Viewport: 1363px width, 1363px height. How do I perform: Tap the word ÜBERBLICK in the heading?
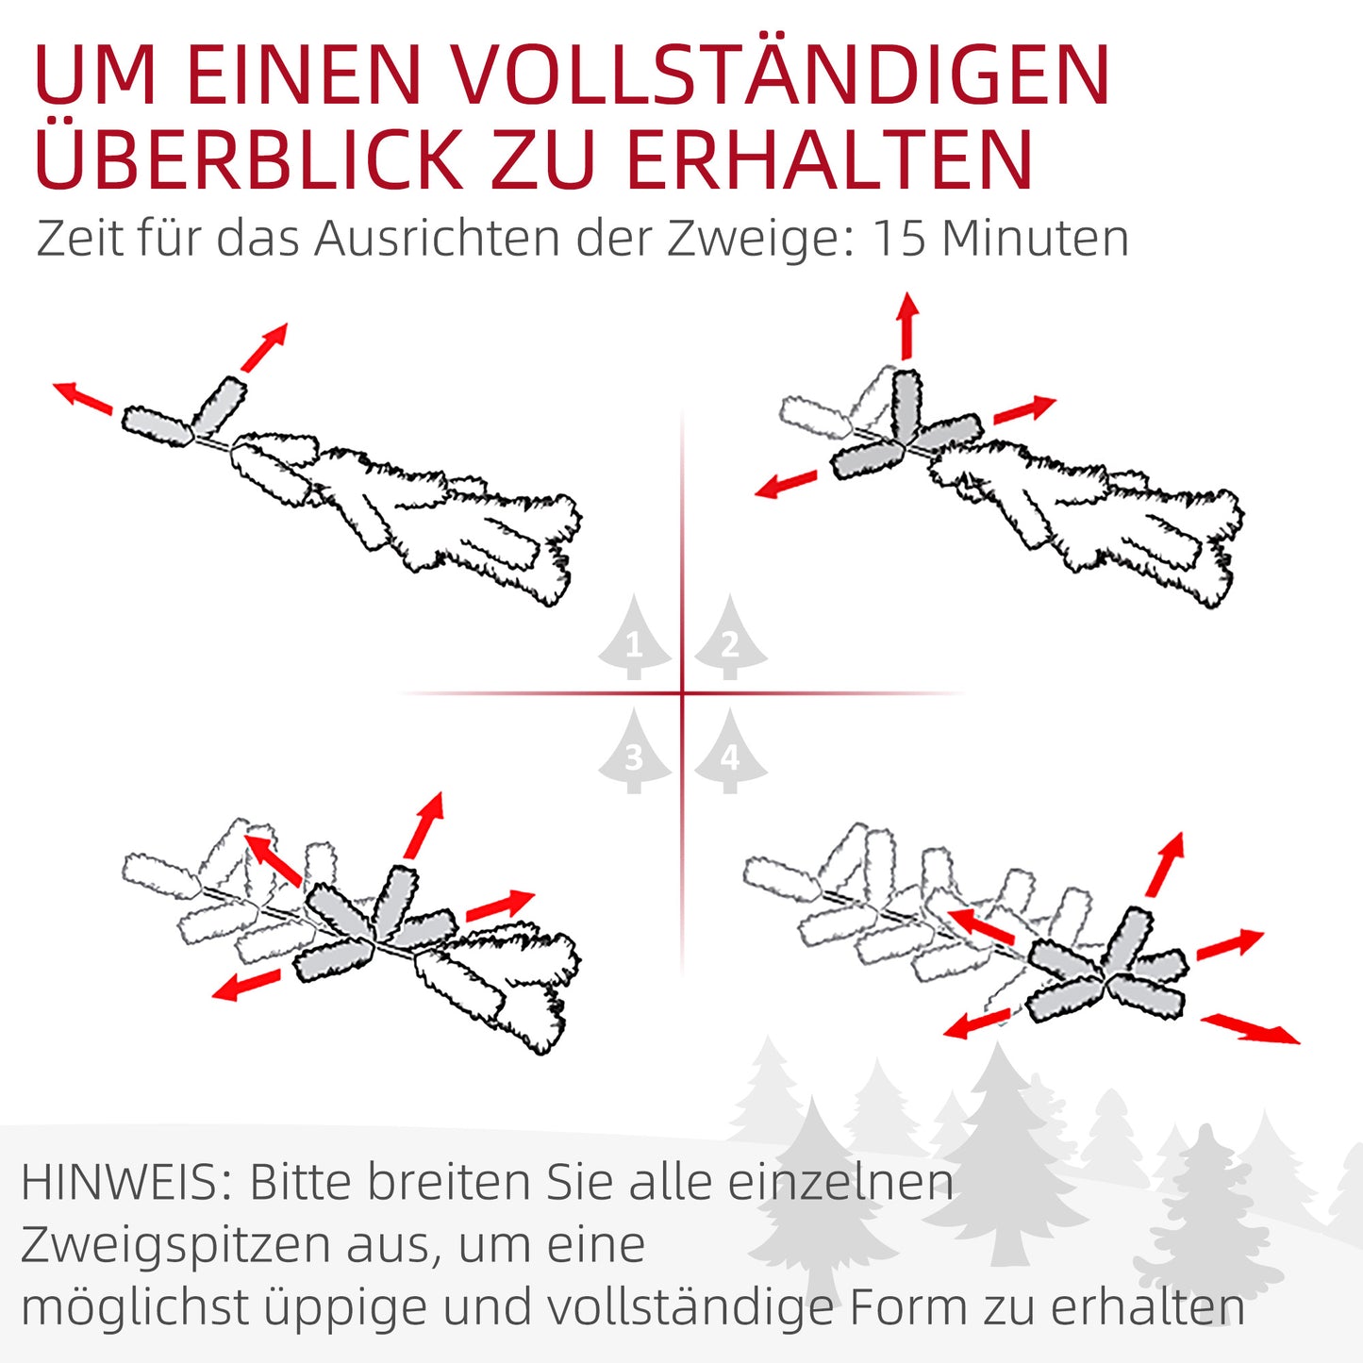click(248, 158)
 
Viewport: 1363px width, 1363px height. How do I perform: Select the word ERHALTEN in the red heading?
click(830, 158)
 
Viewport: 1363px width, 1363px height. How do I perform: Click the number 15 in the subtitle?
click(900, 238)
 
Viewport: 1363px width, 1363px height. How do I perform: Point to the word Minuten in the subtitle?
click(1035, 238)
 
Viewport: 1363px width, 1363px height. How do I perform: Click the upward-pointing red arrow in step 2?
click(907, 325)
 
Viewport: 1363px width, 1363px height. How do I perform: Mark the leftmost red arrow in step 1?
click(83, 396)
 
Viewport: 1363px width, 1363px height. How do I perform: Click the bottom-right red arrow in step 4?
click(1250, 1028)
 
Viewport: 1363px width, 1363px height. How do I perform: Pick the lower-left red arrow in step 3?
click(246, 985)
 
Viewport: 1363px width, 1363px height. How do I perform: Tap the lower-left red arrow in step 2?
click(786, 485)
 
